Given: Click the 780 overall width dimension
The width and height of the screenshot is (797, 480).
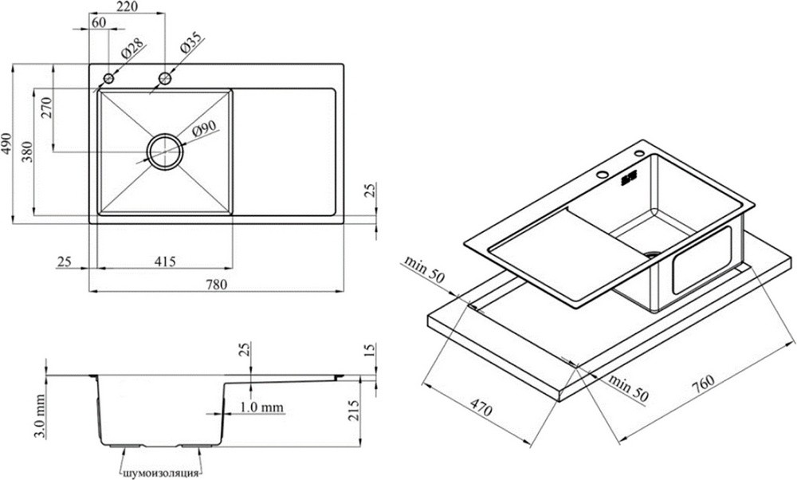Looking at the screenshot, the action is pyautogui.click(x=217, y=285).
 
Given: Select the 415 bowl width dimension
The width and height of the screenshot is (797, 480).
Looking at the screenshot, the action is pyautogui.click(x=165, y=262).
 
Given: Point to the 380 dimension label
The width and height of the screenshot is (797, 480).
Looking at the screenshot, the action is pyautogui.click(x=27, y=151).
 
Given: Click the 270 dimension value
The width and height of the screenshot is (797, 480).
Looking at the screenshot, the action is pyautogui.click(x=46, y=108).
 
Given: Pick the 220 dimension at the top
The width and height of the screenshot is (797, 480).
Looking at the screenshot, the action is pyautogui.click(x=127, y=6).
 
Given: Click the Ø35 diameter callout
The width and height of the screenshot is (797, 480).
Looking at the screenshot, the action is pyautogui.click(x=190, y=42).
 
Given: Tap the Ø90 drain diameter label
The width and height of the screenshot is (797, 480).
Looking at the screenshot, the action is pyautogui.click(x=204, y=129).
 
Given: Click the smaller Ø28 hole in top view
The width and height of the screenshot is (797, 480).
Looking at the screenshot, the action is pyautogui.click(x=108, y=78).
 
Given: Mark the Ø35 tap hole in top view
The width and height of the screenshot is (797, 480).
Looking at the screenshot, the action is pyautogui.click(x=165, y=78).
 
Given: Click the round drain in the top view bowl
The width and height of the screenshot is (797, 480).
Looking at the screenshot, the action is pyautogui.click(x=165, y=151).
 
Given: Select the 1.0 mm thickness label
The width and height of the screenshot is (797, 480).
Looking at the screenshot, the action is pyautogui.click(x=261, y=407).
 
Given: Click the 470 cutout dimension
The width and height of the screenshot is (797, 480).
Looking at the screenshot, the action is pyautogui.click(x=481, y=407).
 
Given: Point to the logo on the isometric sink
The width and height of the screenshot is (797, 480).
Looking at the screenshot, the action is pyautogui.click(x=629, y=178).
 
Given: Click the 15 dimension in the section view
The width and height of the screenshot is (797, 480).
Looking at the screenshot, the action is pyautogui.click(x=370, y=350).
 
